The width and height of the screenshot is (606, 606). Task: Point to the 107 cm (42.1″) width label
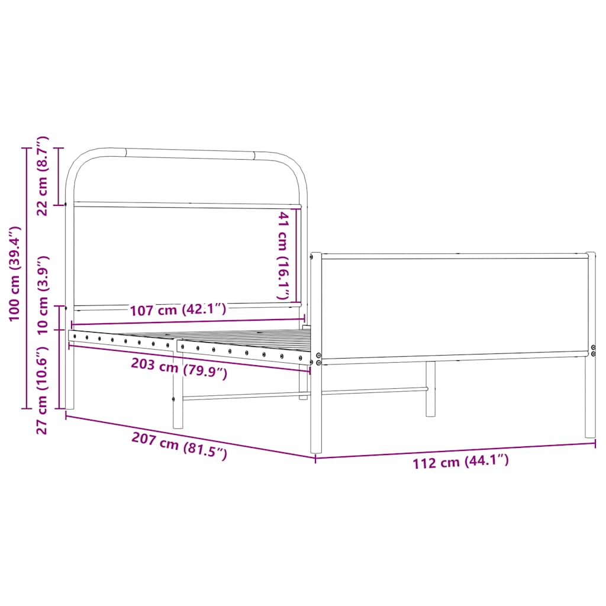click(x=178, y=310)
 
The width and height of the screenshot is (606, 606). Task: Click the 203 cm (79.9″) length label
click(x=179, y=369)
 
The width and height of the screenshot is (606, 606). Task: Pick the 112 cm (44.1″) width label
click(x=460, y=462)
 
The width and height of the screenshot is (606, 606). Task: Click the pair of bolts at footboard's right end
click(x=594, y=350)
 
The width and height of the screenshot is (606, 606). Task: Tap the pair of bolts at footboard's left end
click(x=318, y=359)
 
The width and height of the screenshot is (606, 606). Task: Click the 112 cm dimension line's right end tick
click(x=595, y=443)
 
